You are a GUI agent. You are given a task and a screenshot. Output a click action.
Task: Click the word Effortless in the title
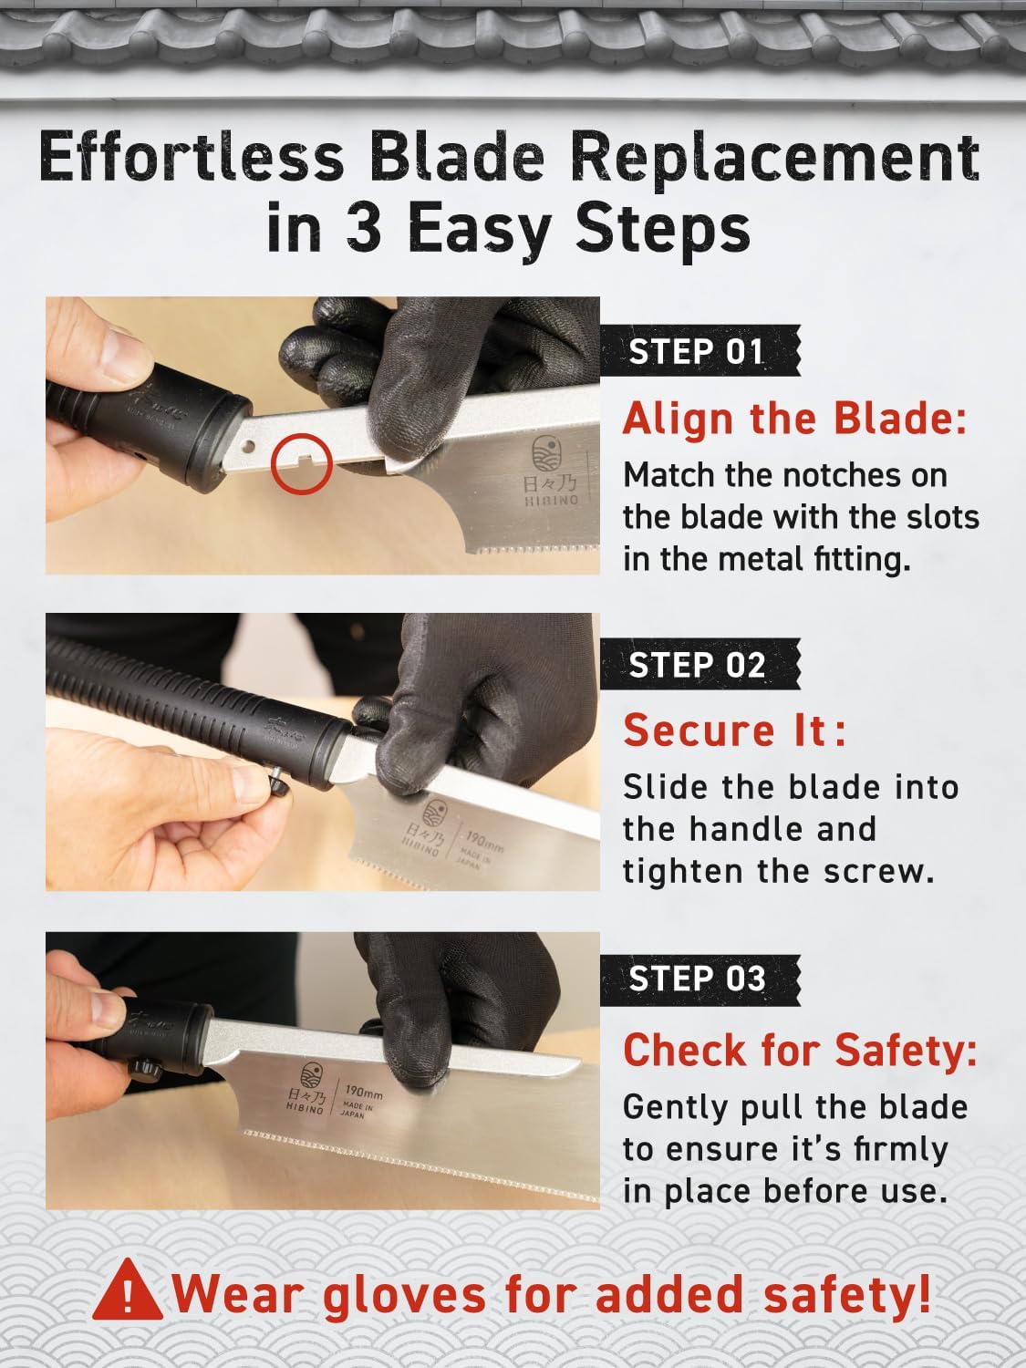click(192, 157)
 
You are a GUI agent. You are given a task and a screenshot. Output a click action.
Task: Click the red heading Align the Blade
click(795, 419)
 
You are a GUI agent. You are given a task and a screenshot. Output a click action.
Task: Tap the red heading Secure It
click(735, 731)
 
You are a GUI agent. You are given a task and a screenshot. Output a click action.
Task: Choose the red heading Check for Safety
click(800, 1050)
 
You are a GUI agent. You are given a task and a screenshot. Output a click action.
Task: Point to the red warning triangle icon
click(128, 1290)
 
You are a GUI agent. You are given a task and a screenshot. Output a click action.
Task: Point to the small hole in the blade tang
click(249, 446)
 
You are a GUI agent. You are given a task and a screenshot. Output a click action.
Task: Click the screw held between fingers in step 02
click(278, 781)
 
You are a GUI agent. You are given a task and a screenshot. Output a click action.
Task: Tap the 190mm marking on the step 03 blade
click(364, 1093)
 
